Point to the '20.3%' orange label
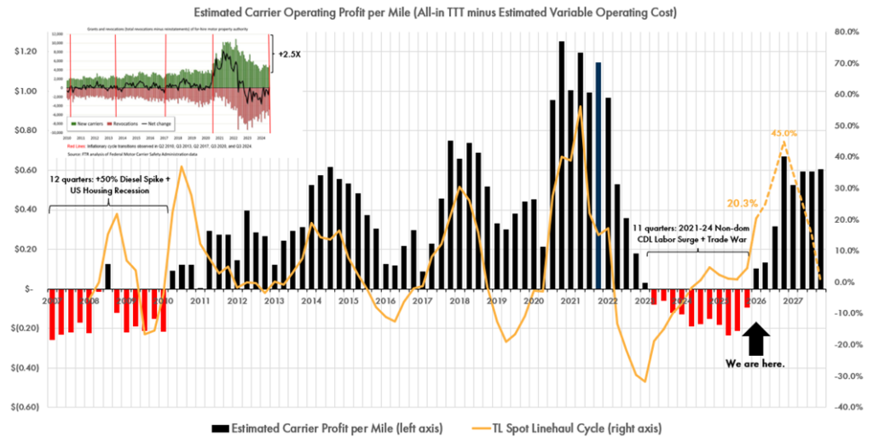pos(743,203)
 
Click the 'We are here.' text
pos(755,364)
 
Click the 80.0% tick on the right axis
pos(846,32)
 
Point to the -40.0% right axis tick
pos(846,407)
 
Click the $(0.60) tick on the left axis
pos(20,407)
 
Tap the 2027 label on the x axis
pos(794,300)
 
